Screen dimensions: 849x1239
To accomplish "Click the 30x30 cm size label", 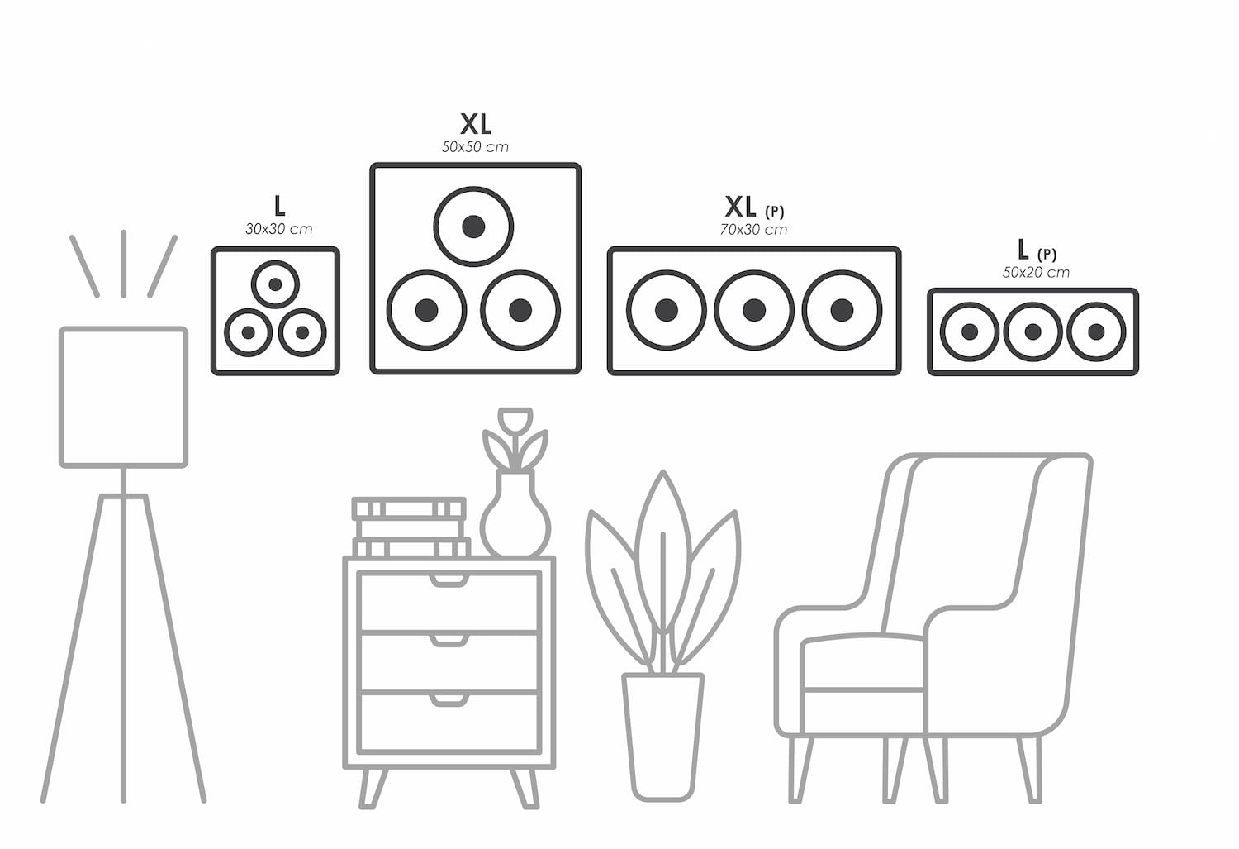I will point(278,229).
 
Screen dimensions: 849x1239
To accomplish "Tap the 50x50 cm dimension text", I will point(475,147).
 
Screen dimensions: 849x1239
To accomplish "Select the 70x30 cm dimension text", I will point(753,229).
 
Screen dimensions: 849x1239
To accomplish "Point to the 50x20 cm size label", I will point(1036,272).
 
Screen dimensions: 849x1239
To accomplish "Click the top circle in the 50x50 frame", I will point(473,226).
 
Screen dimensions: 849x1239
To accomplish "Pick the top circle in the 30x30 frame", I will point(275,284).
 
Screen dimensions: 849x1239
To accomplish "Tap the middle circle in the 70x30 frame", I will point(753,310).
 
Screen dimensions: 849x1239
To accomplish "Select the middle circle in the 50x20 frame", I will point(1032,331).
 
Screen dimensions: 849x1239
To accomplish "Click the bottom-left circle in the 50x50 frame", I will point(426,310).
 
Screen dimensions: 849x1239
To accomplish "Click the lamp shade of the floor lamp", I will point(124,397).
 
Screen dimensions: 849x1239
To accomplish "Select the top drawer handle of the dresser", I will point(449,578).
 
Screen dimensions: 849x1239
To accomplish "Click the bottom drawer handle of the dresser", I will point(449,700).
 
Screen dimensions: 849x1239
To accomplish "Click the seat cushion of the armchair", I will point(863,661).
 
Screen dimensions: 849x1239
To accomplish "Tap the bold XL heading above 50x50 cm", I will point(476,124).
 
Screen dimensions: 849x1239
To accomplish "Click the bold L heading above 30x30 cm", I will point(279,207).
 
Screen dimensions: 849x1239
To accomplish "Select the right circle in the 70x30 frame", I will point(842,310).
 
